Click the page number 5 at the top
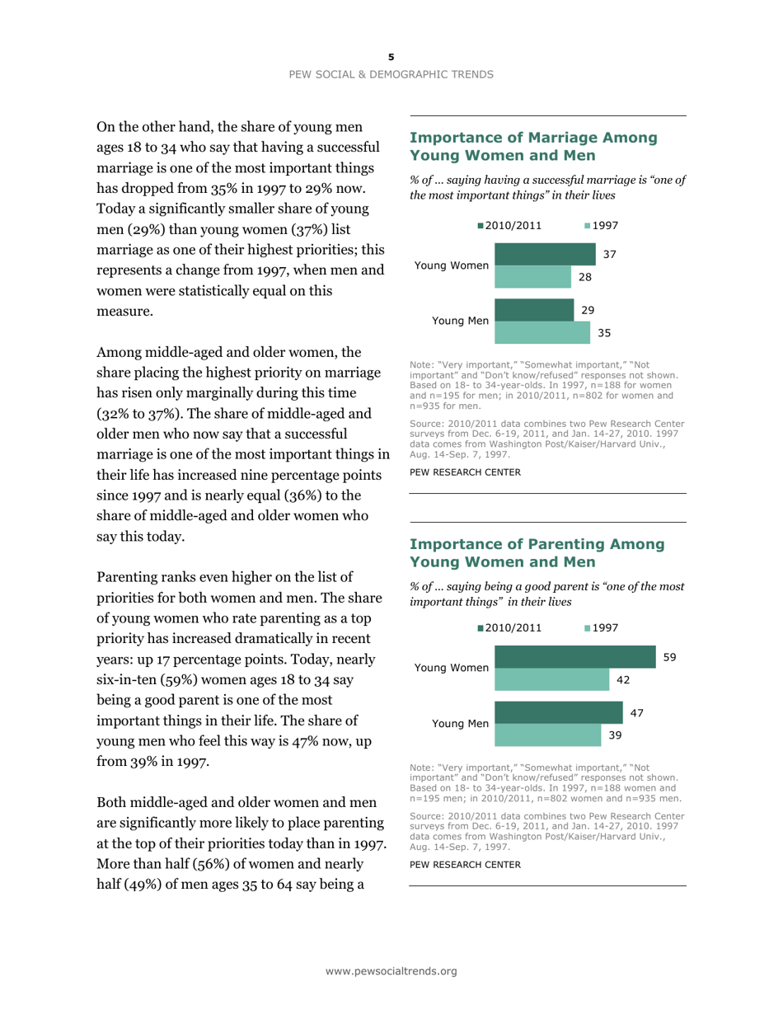click(x=391, y=57)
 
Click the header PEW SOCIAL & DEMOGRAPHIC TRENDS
click(x=391, y=74)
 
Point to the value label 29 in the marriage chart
click(x=587, y=309)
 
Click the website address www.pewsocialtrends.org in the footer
click(x=391, y=971)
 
